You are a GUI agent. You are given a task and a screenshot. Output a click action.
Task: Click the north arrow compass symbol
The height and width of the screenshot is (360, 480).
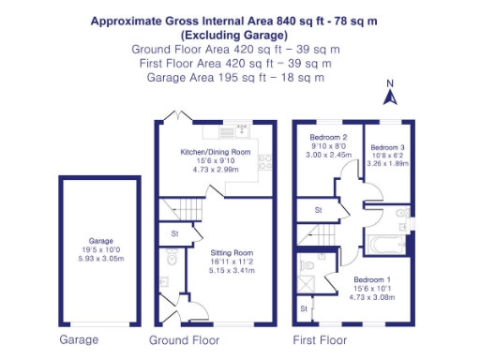[x=392, y=92]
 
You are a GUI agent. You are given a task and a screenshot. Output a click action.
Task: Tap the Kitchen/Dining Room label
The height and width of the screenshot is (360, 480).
[x=216, y=152]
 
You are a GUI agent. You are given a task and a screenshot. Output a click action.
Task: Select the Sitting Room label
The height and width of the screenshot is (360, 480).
[x=232, y=252]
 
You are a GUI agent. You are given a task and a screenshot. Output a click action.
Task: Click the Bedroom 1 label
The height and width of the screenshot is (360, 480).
[x=373, y=278]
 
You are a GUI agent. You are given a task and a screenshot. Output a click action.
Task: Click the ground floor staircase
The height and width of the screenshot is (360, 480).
[x=180, y=206]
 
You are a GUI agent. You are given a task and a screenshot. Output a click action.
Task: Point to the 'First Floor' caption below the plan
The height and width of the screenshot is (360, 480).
[x=319, y=339]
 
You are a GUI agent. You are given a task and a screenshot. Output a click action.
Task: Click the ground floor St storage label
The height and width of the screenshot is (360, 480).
[x=175, y=233]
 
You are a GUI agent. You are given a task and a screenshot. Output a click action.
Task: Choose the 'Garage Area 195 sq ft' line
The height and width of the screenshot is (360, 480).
[x=235, y=77]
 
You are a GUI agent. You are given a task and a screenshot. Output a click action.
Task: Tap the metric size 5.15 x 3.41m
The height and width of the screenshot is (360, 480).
[x=232, y=270]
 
